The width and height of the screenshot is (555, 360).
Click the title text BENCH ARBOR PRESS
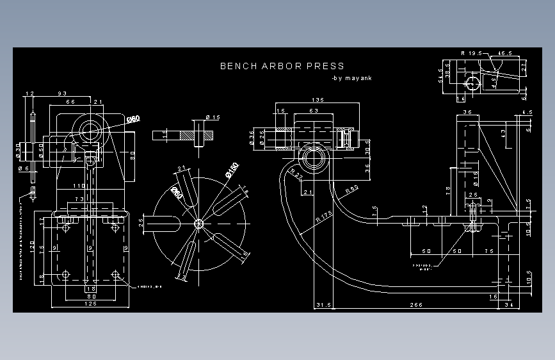pyautogui.click(x=282, y=66)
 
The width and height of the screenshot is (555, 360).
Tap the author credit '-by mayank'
pyautogui.click(x=351, y=79)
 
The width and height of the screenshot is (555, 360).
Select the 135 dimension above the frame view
pyautogui.click(x=317, y=100)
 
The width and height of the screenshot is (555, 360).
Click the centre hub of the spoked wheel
pyautogui.click(x=198, y=223)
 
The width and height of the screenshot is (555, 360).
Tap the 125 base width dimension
pyautogui.click(x=90, y=304)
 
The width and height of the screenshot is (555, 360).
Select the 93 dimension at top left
pyautogui.click(x=63, y=94)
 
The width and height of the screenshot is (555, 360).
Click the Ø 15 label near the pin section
pyautogui.click(x=213, y=117)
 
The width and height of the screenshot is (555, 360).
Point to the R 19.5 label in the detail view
pyautogui.click(x=471, y=53)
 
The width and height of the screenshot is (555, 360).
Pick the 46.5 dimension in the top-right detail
pyautogui.click(x=505, y=53)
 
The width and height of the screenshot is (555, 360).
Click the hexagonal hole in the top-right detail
pyautogui.click(x=472, y=83)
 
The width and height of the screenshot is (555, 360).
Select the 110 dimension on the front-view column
pyautogui.click(x=77, y=186)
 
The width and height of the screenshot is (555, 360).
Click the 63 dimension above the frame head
pyautogui.click(x=314, y=111)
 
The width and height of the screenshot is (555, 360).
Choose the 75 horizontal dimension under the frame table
pyautogui.click(x=489, y=251)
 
